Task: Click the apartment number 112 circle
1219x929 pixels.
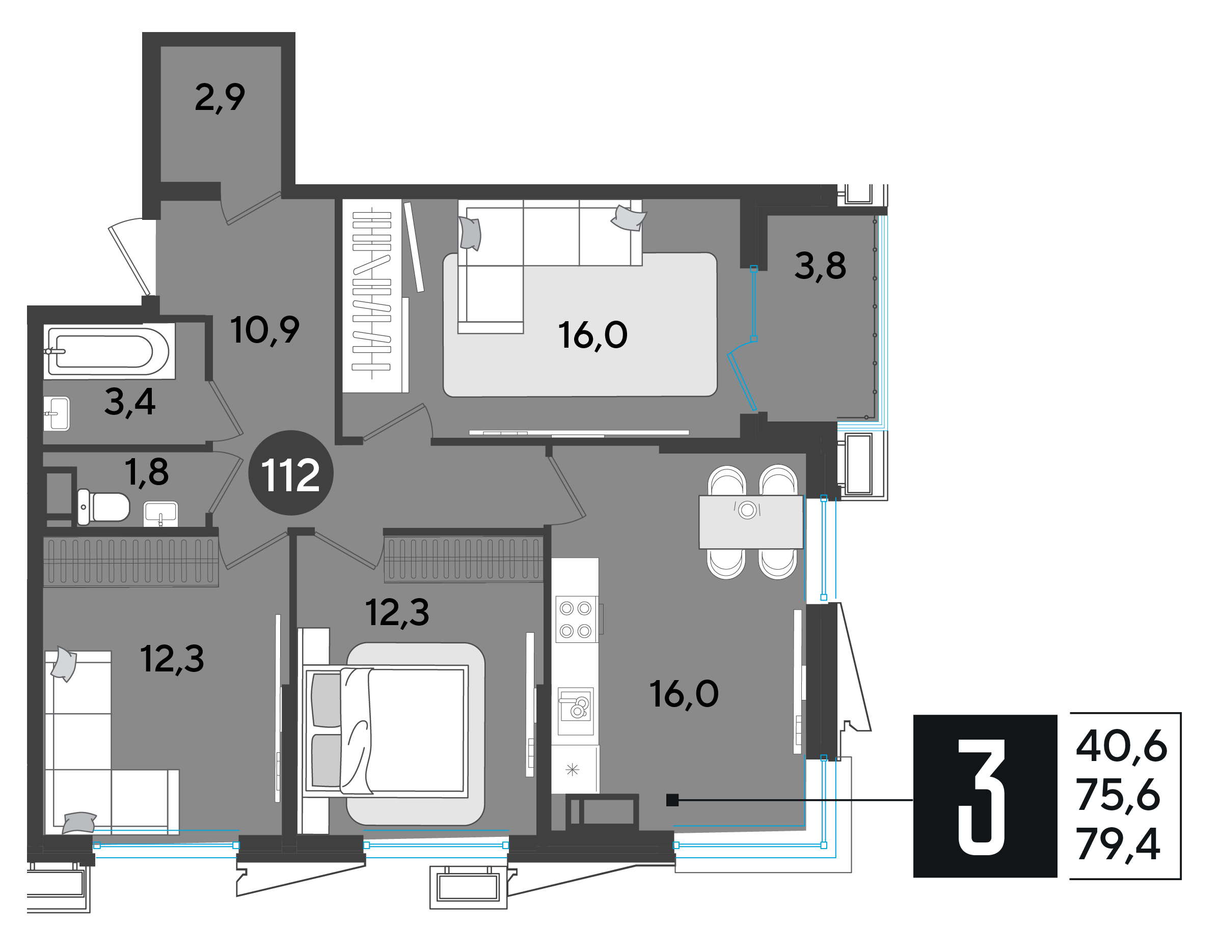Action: point(290,473)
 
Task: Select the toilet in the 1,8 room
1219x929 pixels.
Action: point(103,506)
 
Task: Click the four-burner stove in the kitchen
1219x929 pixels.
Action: point(576,620)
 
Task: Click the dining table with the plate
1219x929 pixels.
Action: point(751,522)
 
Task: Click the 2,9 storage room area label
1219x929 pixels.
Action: point(220,97)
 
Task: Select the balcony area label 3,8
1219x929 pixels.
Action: point(820,266)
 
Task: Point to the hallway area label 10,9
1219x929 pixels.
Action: point(264,330)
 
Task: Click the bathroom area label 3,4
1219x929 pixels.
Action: point(130,402)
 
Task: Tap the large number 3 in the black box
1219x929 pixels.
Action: point(981,797)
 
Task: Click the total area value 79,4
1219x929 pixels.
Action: point(1118,844)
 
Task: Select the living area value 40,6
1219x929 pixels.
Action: point(1122,746)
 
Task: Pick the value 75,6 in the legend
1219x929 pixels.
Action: point(1118,795)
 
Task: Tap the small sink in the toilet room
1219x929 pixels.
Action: point(160,514)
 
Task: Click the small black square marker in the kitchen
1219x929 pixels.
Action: point(672,800)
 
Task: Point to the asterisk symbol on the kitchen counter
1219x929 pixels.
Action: point(572,769)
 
